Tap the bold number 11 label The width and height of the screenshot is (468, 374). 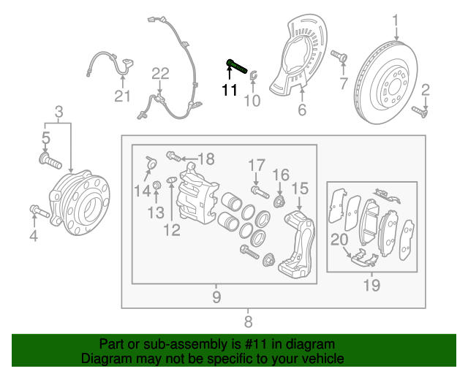point(230,91)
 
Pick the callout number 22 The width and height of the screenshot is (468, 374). point(160,73)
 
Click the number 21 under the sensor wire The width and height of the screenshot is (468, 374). point(121,96)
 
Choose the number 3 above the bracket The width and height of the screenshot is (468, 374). point(58,112)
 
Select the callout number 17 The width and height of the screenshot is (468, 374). point(255,164)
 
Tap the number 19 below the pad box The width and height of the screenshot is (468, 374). point(371,286)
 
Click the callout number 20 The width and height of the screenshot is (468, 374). point(339,238)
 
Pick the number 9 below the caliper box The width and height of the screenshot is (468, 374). point(216,297)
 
